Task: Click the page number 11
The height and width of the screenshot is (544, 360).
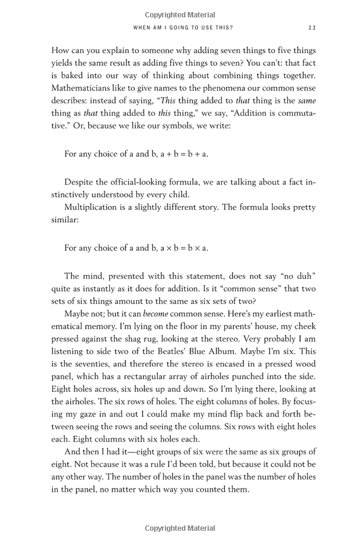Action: (311, 28)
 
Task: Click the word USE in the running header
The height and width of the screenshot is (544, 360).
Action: (211, 28)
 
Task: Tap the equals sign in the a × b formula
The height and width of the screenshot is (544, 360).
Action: (175, 247)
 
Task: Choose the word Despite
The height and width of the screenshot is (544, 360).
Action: (80, 181)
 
